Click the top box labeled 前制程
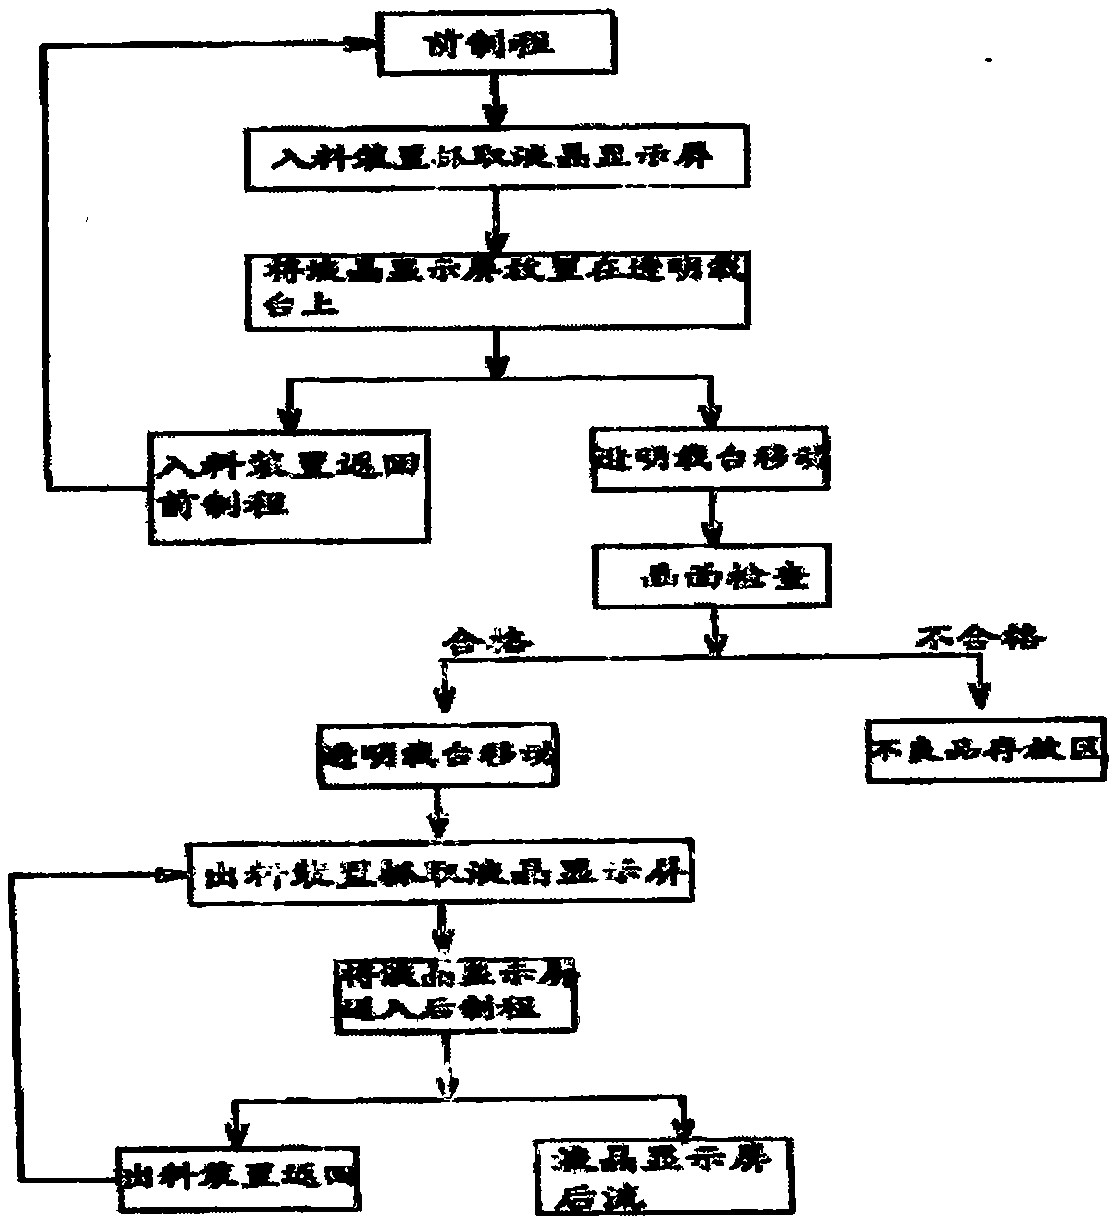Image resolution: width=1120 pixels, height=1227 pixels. pyautogui.click(x=490, y=45)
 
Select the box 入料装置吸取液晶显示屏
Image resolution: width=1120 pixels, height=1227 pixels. pyautogui.click(x=497, y=160)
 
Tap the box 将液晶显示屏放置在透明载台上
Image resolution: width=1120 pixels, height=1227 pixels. pyautogui.click(x=496, y=289)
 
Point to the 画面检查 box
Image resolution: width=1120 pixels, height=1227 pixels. pyautogui.click(x=713, y=577)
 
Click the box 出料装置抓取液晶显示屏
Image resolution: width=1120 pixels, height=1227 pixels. pyautogui.click(x=441, y=873)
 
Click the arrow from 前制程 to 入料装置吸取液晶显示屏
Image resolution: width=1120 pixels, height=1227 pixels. pyautogui.click(x=494, y=103)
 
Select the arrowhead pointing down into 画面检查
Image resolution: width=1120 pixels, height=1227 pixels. pyautogui.click(x=712, y=532)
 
